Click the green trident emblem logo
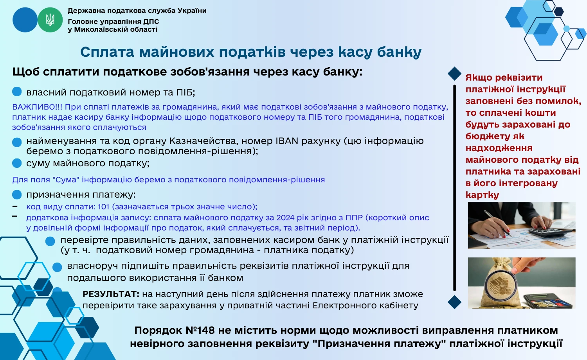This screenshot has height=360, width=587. tap(50, 20)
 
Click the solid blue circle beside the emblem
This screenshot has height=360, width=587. tap(25, 20)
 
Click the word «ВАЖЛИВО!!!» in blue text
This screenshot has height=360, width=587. tap(37, 107)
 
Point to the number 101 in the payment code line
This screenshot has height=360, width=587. tap(103, 207)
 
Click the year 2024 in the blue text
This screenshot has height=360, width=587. tap(285, 218)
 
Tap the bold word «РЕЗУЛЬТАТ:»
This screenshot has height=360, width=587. tap(111, 294)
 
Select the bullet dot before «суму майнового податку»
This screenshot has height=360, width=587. tap(17, 163)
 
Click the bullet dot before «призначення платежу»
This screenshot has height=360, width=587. tap(17, 194)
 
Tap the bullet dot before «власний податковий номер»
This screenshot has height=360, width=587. tap(17, 92)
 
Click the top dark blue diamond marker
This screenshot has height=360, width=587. tap(454, 74)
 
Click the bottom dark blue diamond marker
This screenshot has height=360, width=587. tap(454, 302)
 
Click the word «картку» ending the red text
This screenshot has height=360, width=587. tap(482, 195)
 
